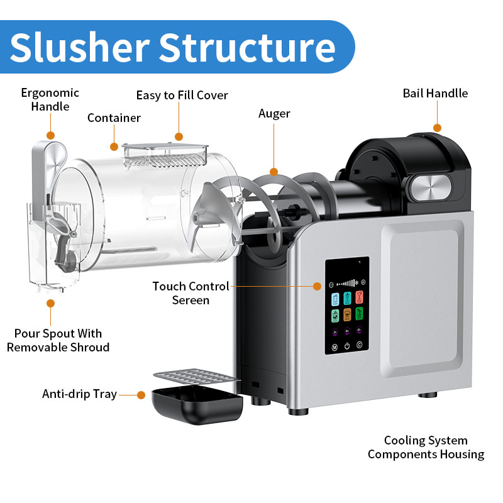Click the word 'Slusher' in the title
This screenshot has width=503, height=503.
click(78, 47)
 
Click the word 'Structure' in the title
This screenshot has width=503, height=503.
click(246, 47)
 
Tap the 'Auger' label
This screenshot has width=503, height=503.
click(274, 114)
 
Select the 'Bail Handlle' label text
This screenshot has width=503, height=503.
click(435, 94)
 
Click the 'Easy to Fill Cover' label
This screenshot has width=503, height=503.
click(182, 96)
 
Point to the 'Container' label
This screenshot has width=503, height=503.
click(114, 118)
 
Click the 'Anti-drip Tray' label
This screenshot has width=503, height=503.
click(79, 394)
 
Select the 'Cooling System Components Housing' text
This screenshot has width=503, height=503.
click(426, 447)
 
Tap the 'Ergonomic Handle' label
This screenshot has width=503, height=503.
click(50, 99)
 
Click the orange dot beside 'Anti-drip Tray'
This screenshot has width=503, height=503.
click(141, 395)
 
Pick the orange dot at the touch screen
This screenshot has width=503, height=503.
click(318, 286)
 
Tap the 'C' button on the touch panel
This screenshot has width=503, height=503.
click(359, 346)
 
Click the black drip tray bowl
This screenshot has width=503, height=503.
click(197, 406)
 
